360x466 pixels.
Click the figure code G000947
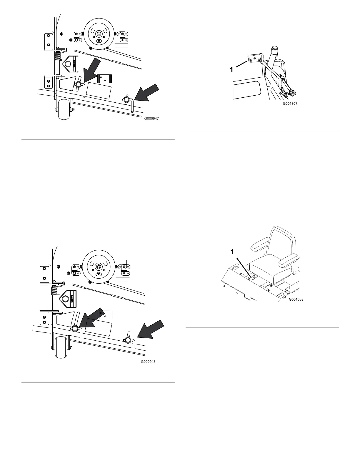153,119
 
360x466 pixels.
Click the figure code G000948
148,362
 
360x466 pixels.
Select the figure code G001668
296,299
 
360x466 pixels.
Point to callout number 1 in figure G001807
231,70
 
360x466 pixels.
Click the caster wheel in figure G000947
65,110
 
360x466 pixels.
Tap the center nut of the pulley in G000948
98,267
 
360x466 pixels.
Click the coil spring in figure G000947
58,56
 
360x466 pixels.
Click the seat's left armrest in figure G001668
259,244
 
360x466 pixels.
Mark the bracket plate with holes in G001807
254,58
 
